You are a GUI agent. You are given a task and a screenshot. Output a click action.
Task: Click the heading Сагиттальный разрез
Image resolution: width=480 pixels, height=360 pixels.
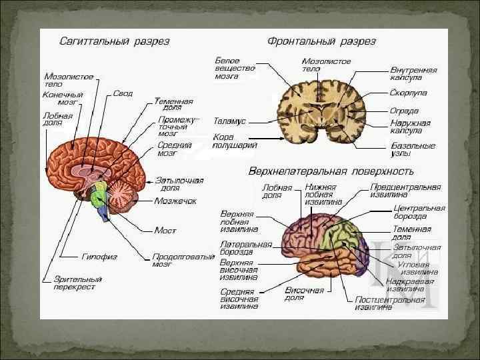pos(114,41)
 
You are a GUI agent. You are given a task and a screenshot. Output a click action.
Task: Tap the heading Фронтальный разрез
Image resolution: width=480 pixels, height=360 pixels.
pos(321,41)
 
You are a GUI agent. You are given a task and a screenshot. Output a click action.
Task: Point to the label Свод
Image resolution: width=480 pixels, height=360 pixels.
pos(122,93)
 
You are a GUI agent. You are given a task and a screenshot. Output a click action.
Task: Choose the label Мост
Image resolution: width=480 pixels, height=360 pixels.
pos(165,230)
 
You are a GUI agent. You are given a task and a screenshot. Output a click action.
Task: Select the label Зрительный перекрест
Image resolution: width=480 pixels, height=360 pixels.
pos(77,283)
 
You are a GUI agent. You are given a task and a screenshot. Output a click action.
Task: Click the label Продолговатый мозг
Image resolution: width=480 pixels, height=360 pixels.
pos(183,260)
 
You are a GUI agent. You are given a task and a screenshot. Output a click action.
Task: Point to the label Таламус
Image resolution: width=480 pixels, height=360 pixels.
pos(230,122)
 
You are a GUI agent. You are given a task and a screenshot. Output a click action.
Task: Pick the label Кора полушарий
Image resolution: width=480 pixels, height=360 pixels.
pos(234,141)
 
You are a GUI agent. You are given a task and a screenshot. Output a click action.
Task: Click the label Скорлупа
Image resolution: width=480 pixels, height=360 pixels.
pos(409,93)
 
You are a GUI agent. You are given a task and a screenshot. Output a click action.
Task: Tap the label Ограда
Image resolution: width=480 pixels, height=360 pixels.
pos(404,110)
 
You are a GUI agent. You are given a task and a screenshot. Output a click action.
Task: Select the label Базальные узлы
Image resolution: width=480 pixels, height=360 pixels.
pos(413,149)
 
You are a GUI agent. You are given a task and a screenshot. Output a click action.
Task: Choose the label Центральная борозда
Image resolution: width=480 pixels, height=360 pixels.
pos(419,212)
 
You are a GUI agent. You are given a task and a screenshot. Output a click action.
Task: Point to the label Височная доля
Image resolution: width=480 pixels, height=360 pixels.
pos(304,294)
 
